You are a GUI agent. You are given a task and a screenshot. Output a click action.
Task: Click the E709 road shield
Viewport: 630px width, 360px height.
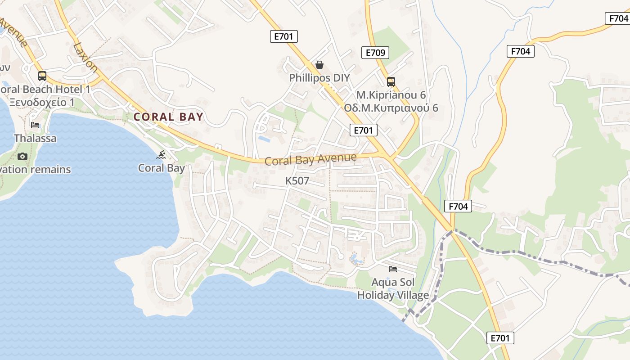[x=375, y=53]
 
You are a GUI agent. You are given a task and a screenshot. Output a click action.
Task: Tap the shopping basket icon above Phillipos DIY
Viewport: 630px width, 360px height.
[x=319, y=65]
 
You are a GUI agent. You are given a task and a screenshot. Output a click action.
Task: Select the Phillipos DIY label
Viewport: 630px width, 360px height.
[x=319, y=77]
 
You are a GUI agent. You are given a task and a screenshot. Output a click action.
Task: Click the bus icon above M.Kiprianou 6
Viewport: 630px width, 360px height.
[x=391, y=82]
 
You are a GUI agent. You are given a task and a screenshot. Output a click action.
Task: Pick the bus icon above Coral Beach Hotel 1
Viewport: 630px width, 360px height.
[x=42, y=76]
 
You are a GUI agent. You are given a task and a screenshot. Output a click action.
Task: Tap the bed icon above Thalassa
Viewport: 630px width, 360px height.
[x=35, y=125]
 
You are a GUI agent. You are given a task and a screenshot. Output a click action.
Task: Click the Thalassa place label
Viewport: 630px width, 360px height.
[x=35, y=138]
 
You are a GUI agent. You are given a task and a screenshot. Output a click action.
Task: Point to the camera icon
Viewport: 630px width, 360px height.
[x=22, y=156]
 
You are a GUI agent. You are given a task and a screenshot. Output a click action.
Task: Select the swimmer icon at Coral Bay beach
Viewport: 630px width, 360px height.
[x=162, y=155]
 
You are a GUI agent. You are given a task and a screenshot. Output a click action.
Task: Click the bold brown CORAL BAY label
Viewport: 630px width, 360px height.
[x=168, y=117]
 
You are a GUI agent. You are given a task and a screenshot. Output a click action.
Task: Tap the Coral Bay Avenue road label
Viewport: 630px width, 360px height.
[x=310, y=159]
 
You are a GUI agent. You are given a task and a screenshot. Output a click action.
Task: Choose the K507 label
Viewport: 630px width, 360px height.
[x=297, y=181]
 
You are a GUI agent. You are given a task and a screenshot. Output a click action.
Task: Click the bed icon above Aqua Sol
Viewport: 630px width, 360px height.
[x=393, y=269]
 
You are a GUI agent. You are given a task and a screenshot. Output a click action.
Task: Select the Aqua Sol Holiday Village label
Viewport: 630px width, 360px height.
[x=393, y=289]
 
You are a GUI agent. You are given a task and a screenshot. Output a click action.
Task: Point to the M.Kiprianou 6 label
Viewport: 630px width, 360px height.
[x=391, y=95]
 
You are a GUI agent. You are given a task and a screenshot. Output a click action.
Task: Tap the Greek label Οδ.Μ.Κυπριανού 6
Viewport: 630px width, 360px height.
[x=391, y=108]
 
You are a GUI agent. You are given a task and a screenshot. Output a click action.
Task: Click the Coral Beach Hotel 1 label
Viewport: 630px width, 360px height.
[x=45, y=89]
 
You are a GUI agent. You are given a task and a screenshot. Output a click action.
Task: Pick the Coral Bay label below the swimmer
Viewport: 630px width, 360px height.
[x=161, y=168]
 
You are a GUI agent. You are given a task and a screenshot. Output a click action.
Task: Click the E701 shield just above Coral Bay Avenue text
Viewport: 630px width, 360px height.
[x=363, y=130]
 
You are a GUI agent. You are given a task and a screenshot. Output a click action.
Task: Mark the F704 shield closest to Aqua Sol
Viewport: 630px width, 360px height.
[x=458, y=207]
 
